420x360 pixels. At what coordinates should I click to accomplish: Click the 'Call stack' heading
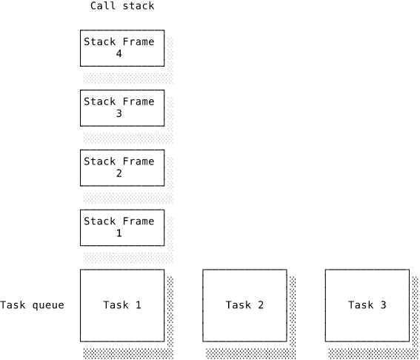coord(122,6)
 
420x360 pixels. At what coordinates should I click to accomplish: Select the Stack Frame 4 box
coord(122,48)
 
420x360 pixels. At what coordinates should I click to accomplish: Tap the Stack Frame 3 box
coord(122,108)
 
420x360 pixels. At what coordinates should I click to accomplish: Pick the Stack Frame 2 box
coord(122,168)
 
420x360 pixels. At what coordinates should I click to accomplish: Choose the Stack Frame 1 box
coord(122,227)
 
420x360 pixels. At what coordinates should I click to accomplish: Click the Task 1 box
coord(122,306)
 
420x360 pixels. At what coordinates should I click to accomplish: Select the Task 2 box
coord(245,306)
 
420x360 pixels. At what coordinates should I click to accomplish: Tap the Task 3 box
coord(367,306)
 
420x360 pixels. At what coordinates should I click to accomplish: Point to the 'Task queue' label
coord(32,305)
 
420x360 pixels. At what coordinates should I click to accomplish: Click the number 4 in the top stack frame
coord(119,54)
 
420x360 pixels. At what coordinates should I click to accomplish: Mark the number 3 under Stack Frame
coord(119,113)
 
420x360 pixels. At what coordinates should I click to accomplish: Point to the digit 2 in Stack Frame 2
coord(119,173)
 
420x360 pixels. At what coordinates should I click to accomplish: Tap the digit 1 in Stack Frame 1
coord(119,233)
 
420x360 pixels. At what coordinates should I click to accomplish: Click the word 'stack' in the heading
coord(139,6)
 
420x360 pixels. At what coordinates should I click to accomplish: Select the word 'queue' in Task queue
coord(48,306)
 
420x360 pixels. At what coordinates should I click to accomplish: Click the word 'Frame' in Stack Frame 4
coord(139,41)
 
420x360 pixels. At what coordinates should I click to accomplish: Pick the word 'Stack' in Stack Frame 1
coord(100,221)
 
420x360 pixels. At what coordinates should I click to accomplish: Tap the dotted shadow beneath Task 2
coord(250,353)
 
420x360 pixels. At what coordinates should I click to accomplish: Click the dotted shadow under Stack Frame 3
coord(128,138)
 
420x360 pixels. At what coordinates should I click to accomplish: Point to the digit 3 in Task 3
coord(383,305)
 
